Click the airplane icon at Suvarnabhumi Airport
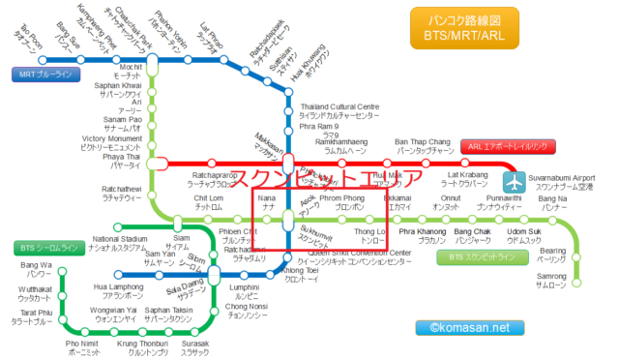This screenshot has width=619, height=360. [x=513, y=182]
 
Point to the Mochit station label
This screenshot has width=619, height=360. [x=128, y=70]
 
